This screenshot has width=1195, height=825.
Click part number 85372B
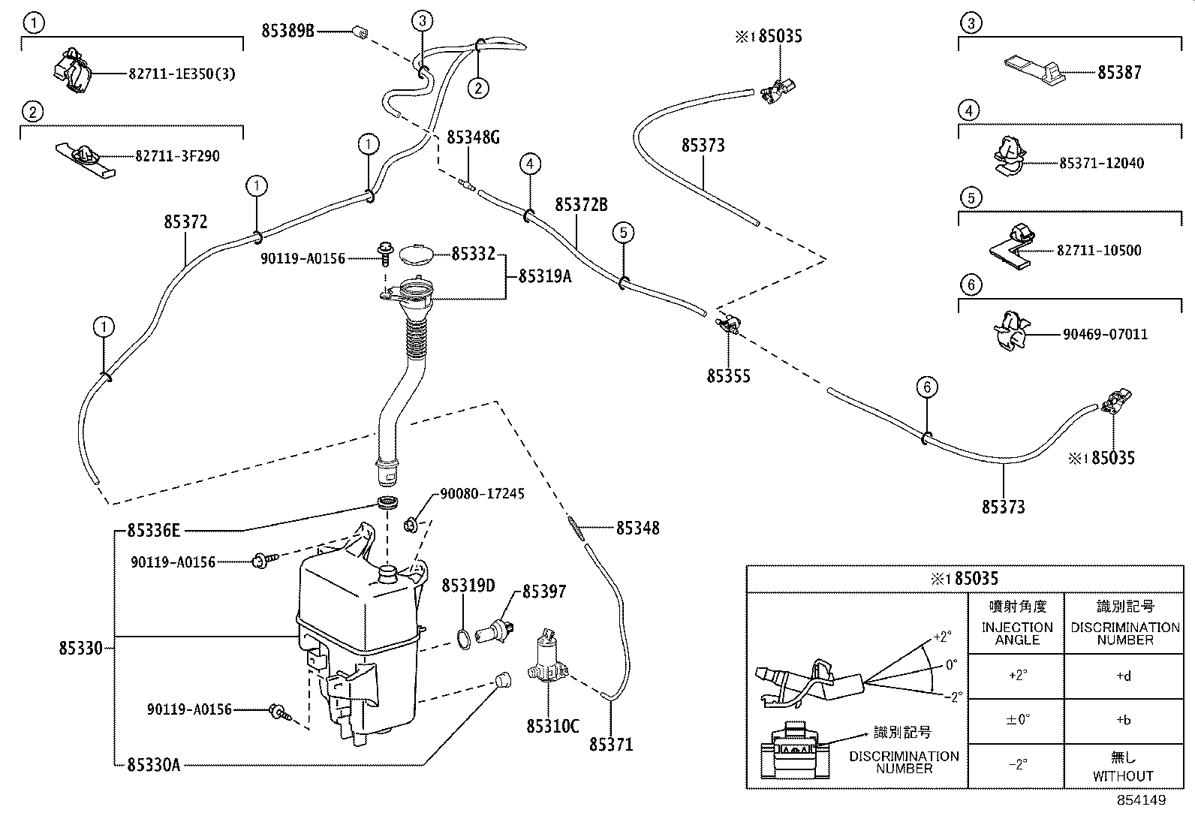click(x=581, y=205)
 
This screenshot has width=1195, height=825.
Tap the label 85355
click(x=728, y=375)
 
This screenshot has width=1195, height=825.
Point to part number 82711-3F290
click(x=178, y=156)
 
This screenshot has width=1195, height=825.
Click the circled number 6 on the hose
click(x=927, y=387)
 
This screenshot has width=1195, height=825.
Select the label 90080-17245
click(x=482, y=494)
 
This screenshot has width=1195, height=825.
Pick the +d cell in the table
click(x=1123, y=676)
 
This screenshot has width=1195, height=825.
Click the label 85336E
click(x=154, y=531)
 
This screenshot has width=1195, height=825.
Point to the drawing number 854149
click(x=1141, y=800)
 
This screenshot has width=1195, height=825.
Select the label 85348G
click(x=473, y=137)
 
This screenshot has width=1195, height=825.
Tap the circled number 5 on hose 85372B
click(x=623, y=233)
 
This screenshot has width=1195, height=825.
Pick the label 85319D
click(x=468, y=586)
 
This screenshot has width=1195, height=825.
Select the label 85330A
click(x=153, y=764)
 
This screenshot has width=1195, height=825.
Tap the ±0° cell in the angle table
click(x=1016, y=719)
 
